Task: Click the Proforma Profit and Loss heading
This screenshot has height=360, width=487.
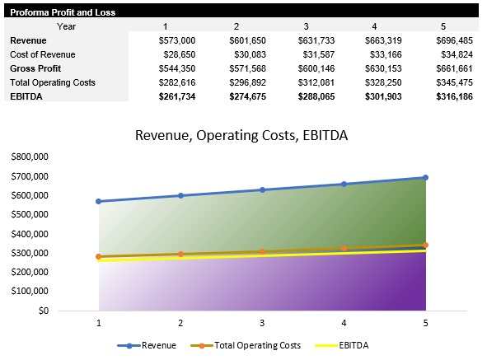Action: point(63,12)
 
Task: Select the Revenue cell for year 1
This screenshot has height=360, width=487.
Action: point(176,40)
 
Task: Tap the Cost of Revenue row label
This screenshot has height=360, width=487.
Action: point(44,54)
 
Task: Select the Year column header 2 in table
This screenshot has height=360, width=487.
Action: point(236,26)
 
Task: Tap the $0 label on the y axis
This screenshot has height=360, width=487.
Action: point(41,311)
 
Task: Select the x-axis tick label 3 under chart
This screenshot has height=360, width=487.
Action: point(262,324)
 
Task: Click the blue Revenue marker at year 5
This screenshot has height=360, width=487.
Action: point(426,177)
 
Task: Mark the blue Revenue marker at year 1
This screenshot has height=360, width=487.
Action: point(99,201)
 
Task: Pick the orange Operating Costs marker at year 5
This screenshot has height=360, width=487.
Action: point(426,245)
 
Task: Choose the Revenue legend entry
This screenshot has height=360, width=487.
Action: point(147,345)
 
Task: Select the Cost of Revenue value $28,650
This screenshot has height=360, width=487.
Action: point(177,54)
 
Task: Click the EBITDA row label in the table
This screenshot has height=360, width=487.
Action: point(26,96)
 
